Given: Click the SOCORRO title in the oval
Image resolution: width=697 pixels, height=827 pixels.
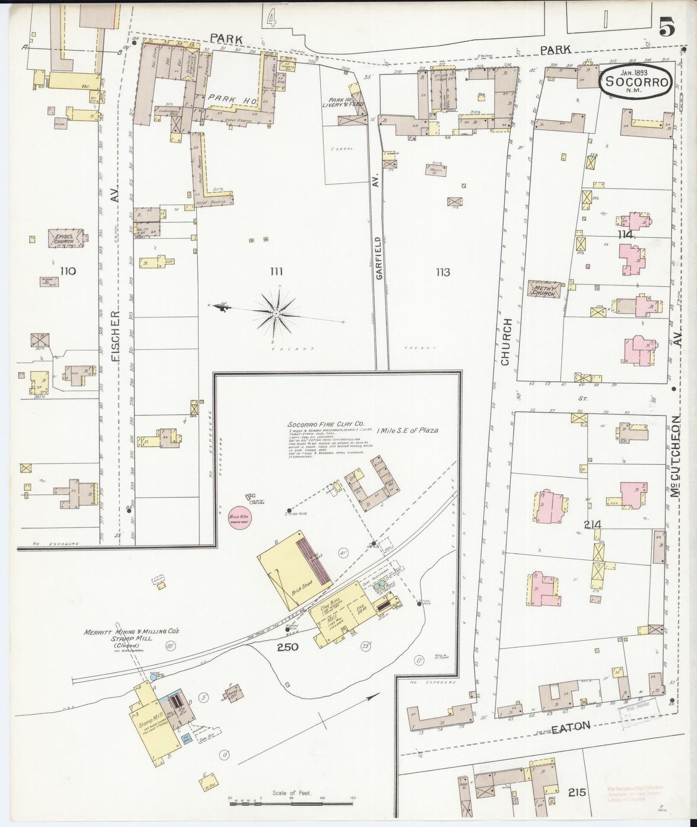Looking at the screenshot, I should tap(635, 82).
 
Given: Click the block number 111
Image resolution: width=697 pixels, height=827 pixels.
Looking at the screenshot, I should tap(276, 272).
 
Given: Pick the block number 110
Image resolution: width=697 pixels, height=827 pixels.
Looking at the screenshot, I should tap(68, 271).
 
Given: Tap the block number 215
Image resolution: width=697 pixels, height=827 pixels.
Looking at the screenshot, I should tap(576, 792).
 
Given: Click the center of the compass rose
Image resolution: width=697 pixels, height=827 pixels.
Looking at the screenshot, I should tap(276, 314).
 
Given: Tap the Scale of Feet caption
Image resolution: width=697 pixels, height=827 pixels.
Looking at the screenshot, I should tap(292, 793).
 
